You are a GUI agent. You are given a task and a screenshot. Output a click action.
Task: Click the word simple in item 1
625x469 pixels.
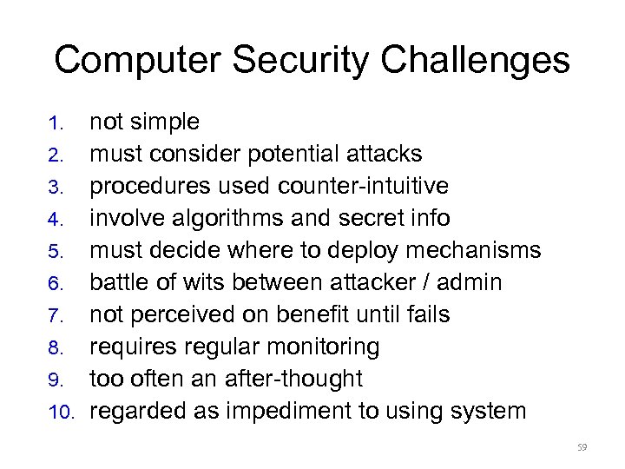tap(169, 122)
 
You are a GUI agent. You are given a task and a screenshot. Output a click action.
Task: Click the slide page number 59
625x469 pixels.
tap(582, 448)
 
